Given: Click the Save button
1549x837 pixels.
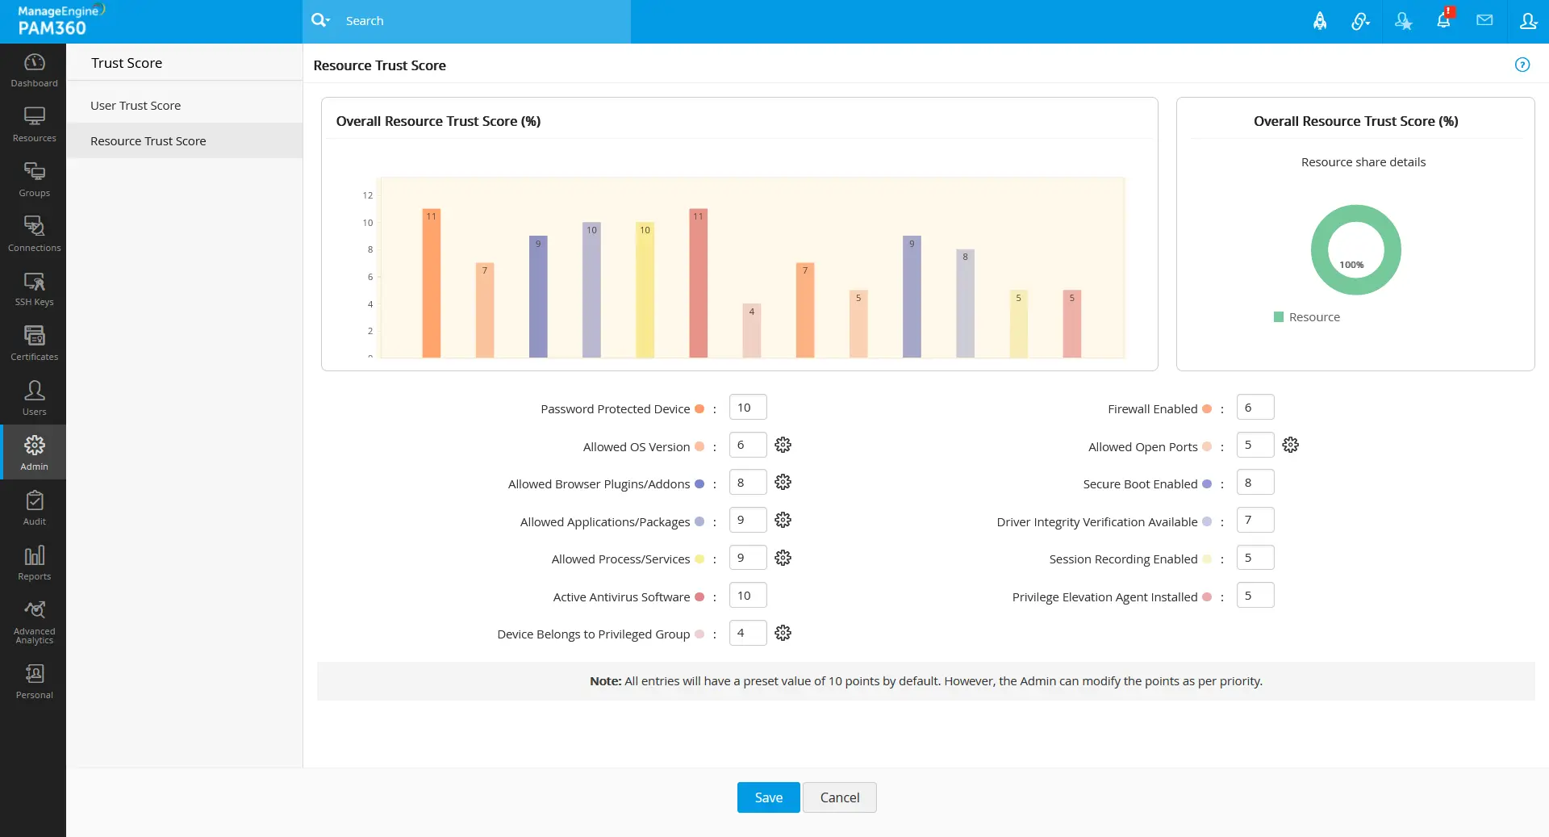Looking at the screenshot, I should point(768,797).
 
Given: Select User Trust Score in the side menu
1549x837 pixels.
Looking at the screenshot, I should point(136,106).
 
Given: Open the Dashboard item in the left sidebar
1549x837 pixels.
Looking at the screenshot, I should point(34,70).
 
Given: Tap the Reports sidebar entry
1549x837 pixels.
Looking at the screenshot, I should point(34,563).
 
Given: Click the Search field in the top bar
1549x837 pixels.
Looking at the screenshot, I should point(484,21).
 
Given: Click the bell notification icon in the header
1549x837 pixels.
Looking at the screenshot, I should point(1443,21).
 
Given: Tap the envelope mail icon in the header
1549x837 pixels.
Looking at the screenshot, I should point(1484,21).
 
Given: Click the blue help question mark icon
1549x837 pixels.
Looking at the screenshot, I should point(1522,65).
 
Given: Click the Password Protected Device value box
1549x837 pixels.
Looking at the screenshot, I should point(747,408).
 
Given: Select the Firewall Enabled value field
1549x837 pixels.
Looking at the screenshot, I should point(1255,408).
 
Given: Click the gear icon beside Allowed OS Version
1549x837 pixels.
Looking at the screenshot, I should point(783,445).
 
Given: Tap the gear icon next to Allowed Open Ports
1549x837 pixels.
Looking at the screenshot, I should point(1290,445).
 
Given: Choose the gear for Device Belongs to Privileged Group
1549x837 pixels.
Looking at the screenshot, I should point(783,633).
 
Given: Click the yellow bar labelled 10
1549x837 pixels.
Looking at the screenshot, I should point(645,291).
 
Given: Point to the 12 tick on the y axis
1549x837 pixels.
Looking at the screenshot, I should point(368,195).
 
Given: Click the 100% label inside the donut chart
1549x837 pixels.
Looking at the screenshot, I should point(1351,265).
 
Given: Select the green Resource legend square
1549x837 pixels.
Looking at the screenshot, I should point(1279,317).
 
